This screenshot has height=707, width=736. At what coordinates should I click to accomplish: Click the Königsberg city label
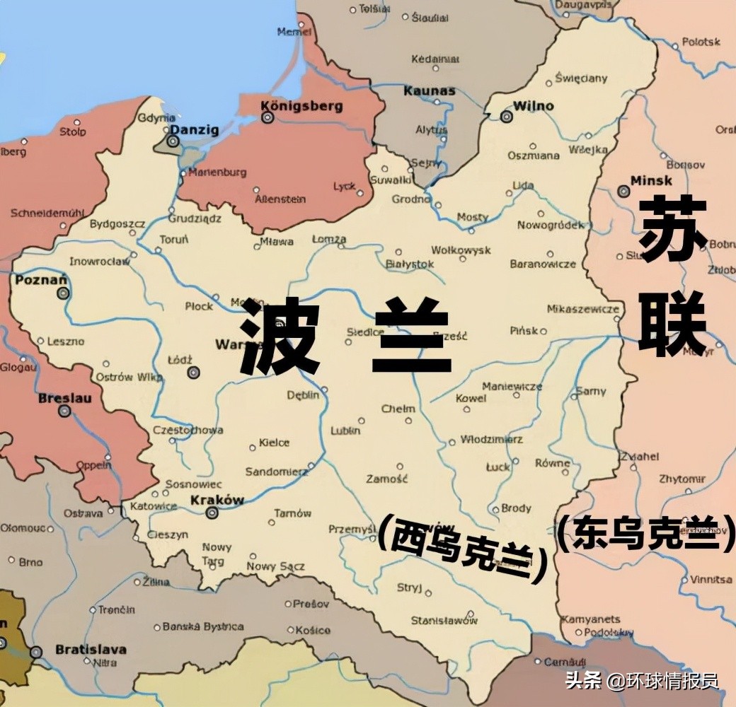(301, 105)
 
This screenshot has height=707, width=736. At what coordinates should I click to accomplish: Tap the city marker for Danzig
(173, 141)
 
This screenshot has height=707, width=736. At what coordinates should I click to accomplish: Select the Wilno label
(533, 106)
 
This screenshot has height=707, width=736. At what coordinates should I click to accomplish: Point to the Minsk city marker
(623, 191)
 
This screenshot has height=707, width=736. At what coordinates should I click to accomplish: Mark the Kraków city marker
(211, 513)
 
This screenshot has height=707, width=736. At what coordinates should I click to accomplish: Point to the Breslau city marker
(65, 410)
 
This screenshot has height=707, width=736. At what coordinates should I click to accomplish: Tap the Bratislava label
(91, 649)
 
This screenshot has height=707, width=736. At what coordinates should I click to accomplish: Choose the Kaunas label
(429, 90)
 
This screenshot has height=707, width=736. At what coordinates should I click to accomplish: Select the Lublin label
(345, 430)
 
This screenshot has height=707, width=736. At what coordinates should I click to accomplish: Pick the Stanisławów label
(444, 621)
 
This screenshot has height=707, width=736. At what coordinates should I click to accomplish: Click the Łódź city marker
(193, 372)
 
